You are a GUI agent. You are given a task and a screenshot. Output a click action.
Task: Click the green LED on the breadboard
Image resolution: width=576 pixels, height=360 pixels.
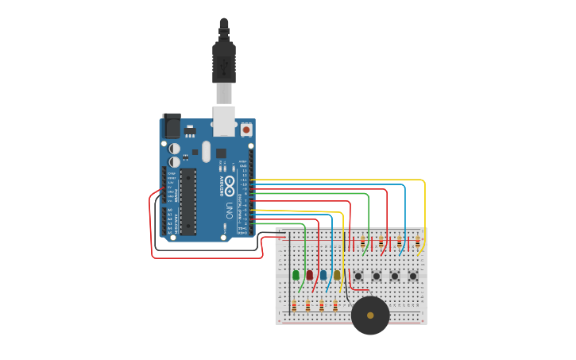296,275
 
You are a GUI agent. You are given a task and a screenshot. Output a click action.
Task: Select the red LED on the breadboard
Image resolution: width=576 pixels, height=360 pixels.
310,275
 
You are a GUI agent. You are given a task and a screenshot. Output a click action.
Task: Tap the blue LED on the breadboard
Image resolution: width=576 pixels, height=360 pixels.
323,275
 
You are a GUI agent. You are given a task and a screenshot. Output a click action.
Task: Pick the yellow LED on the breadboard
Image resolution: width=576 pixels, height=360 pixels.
337,275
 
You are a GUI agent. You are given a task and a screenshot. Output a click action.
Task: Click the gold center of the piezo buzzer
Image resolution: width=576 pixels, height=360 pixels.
370,315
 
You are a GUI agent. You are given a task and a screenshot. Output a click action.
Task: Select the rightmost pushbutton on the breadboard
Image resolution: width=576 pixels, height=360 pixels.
413,276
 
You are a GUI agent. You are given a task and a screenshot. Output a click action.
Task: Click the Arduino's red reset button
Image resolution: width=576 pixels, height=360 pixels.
246,130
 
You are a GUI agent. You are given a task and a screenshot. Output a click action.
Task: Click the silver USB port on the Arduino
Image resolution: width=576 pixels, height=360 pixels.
225,121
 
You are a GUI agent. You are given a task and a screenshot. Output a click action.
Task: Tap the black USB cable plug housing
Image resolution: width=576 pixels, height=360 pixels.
224,64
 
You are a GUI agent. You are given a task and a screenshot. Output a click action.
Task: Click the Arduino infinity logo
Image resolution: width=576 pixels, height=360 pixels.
229,186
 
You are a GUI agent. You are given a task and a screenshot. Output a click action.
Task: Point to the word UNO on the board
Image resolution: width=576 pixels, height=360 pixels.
229,211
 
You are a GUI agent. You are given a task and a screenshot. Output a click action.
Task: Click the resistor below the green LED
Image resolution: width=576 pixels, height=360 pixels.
294,305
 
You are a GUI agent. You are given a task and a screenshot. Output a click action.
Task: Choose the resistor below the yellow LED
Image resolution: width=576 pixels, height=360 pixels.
335,305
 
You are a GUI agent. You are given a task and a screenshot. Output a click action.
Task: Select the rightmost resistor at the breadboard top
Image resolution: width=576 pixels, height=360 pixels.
417,241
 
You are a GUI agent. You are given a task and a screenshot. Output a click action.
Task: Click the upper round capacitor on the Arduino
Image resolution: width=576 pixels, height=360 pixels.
175,148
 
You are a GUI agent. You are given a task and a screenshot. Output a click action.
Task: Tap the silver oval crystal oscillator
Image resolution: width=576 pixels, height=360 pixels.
207,151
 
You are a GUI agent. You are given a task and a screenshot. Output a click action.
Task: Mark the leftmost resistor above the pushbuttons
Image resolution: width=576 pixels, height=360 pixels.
363,241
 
